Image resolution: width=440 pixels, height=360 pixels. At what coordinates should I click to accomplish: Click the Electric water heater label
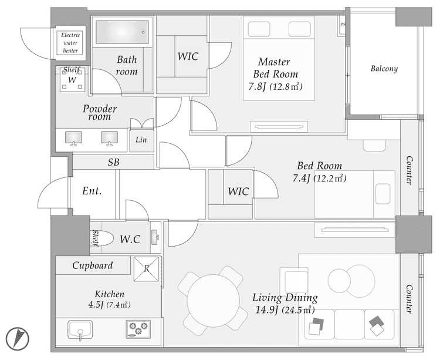pos(70,43)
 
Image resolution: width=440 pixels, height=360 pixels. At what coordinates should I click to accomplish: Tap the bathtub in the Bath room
pos(122,32)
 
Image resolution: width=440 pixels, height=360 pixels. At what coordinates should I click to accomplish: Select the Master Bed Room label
pos(275,68)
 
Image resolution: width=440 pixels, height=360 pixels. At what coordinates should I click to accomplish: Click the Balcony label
pos(384,69)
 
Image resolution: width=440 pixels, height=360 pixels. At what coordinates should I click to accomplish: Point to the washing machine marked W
pos(72,80)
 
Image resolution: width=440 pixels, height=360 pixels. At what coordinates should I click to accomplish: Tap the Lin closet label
pos(141,140)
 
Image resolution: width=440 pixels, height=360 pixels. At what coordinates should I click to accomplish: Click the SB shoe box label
pos(113,162)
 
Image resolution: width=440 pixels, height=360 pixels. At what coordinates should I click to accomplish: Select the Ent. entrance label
pos(92,191)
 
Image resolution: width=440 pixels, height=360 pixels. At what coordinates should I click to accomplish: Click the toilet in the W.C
pos(103,238)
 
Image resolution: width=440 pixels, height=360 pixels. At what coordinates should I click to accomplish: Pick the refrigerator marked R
pos(146,269)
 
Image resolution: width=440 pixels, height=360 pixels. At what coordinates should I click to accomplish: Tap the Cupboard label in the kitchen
pos(93,265)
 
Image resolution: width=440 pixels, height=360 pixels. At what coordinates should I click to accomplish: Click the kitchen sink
pos(80,330)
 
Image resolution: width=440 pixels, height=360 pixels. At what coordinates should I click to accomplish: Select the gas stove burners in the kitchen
pos(138,328)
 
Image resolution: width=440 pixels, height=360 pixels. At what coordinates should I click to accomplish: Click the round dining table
pos(214,301)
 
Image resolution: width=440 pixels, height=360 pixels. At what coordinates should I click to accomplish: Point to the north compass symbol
pos(18,339)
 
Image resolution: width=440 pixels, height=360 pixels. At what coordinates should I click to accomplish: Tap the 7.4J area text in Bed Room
pos(301,178)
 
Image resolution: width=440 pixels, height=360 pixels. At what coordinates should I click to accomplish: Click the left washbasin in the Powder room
pos(73,138)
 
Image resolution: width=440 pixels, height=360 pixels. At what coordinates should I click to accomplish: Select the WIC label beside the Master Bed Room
pos(188,56)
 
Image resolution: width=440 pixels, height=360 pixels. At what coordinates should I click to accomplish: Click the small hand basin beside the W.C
pos(155,237)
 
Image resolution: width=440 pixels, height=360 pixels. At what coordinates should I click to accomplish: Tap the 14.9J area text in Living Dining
pos(266,309)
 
